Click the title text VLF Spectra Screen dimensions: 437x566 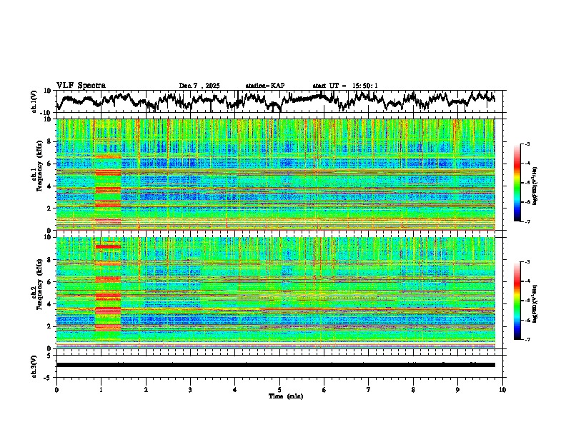(81, 85)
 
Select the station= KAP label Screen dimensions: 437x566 (264, 86)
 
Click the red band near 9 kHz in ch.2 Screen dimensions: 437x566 (108, 247)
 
